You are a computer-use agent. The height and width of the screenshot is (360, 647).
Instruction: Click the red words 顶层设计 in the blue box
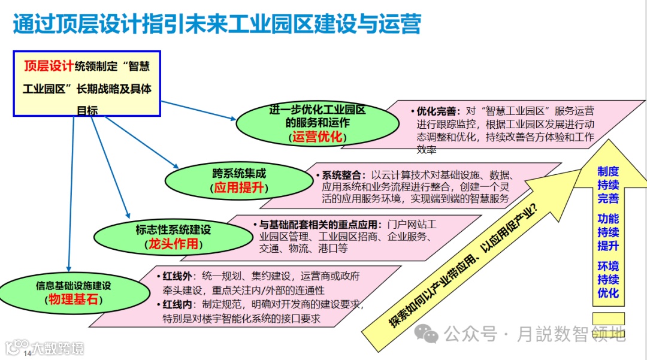click(x=48, y=66)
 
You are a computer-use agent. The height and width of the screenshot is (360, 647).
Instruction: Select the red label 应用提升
click(x=239, y=188)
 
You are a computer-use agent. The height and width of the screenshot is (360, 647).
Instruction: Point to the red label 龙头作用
click(x=173, y=244)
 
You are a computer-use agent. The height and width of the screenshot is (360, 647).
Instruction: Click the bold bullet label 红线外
click(x=178, y=277)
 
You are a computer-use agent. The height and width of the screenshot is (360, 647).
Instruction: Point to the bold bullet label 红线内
click(x=178, y=304)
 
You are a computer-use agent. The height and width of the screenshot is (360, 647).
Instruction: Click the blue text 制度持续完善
click(x=608, y=184)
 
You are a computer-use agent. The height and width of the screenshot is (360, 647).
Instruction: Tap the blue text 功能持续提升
click(x=608, y=232)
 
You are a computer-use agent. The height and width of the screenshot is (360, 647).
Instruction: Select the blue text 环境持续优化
click(x=608, y=280)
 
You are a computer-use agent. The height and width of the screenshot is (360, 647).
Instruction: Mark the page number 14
click(x=27, y=354)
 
